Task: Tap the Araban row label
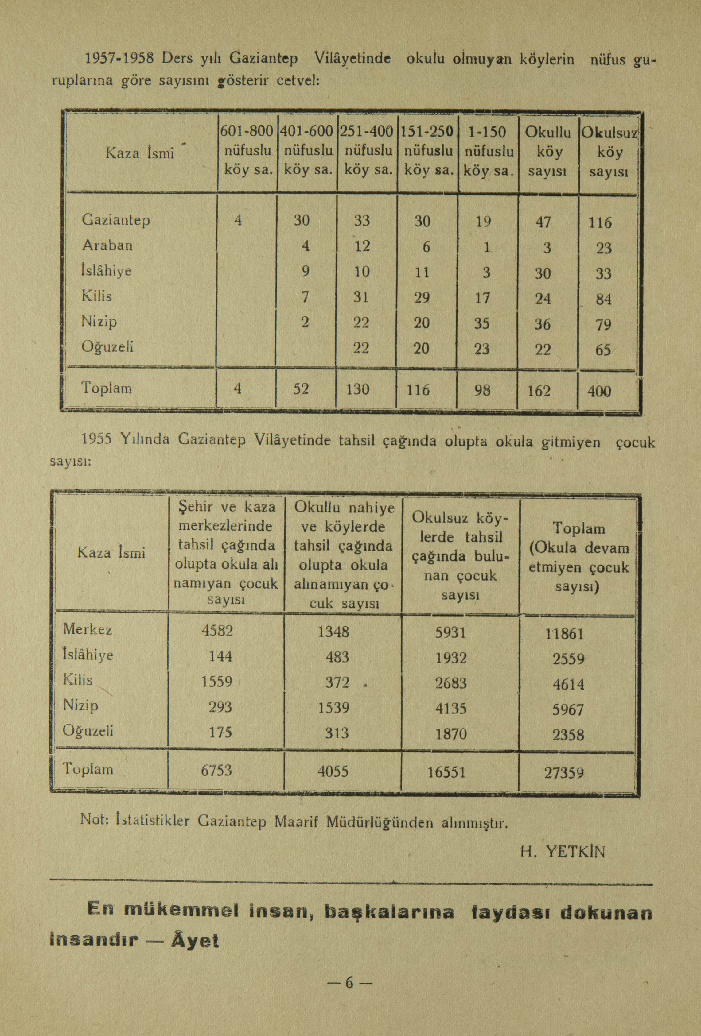pyautogui.click(x=107, y=245)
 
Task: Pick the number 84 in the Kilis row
pyautogui.click(x=603, y=299)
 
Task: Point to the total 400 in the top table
pyautogui.click(x=599, y=391)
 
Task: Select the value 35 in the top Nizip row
pyautogui.click(x=482, y=323)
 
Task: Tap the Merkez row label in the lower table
pyautogui.click(x=88, y=629)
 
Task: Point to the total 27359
pyautogui.click(x=564, y=772)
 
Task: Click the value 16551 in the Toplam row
pyautogui.click(x=446, y=772)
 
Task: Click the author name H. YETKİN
pyautogui.click(x=563, y=852)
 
